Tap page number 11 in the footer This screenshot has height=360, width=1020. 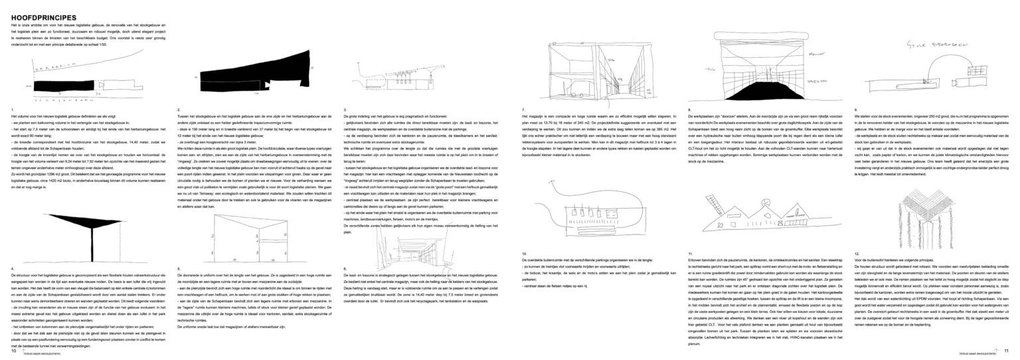(1006, 350)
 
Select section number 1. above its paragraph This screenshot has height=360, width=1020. (13, 109)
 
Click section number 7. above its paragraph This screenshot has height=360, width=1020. (523, 109)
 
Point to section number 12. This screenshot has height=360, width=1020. (858, 254)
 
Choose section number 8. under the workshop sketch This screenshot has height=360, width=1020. (690, 109)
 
